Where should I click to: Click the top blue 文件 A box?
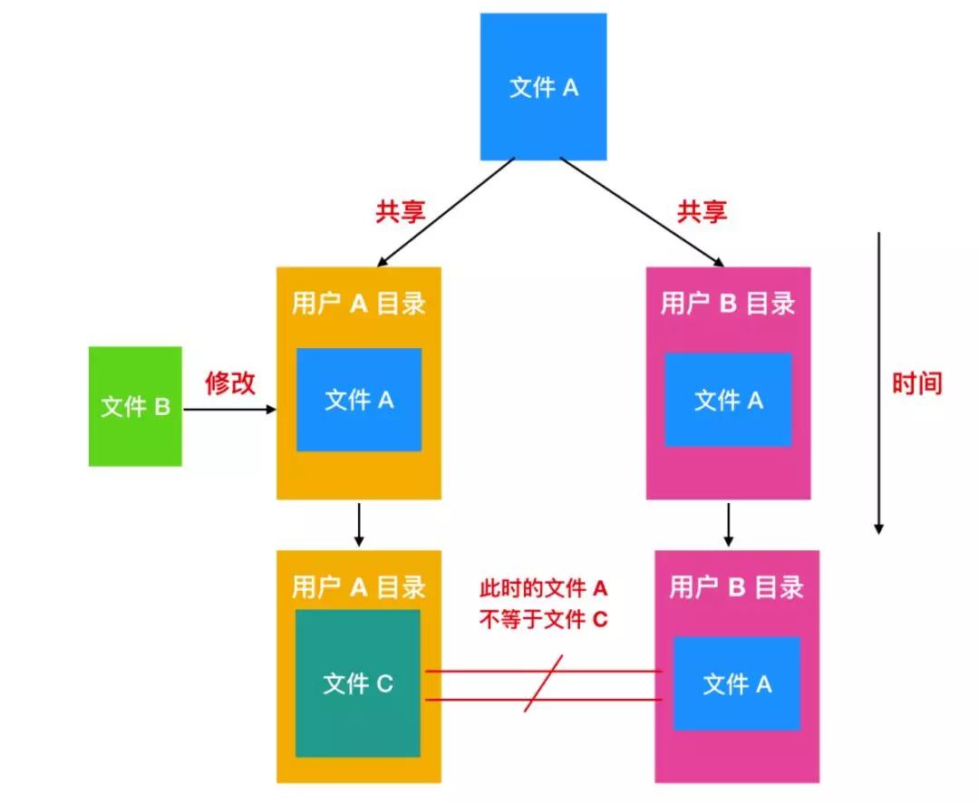tap(543, 87)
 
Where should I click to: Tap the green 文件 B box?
tap(135, 406)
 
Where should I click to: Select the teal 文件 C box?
tap(358, 683)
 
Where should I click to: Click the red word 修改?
tap(230, 383)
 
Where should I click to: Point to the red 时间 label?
tap(916, 383)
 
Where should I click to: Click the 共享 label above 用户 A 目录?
tap(400, 212)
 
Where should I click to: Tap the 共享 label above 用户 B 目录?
tap(702, 212)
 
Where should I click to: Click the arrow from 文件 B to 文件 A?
tap(229, 410)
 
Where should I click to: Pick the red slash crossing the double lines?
tap(544, 684)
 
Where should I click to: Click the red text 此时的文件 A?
tap(543, 589)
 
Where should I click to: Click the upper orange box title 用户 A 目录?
tap(359, 304)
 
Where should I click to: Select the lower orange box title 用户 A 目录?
tap(359, 587)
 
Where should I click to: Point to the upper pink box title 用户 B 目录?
tap(728, 304)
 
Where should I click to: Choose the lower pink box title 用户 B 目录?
tap(736, 587)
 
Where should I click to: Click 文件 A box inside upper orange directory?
tap(359, 400)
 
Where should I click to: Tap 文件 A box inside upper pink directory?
tap(728, 400)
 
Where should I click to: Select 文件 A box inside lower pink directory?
tap(736, 683)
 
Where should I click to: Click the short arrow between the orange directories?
tap(359, 524)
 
